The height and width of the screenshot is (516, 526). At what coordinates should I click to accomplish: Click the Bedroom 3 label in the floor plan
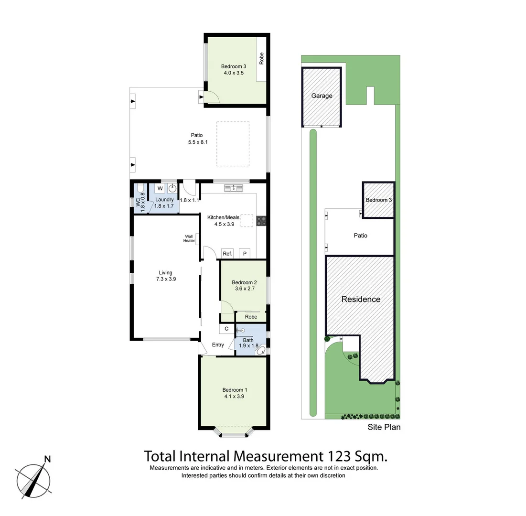(x=234, y=66)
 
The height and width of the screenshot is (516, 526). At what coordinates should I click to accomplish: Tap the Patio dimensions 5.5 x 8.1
(x=195, y=142)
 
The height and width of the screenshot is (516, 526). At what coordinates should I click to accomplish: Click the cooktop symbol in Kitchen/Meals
(x=261, y=221)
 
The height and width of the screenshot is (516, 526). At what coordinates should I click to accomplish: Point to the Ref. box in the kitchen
(x=227, y=254)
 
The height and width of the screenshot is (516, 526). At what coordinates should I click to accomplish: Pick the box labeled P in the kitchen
(x=245, y=254)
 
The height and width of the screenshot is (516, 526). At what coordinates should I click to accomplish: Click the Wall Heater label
(x=189, y=238)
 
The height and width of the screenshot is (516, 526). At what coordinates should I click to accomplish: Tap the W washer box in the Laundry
(x=160, y=188)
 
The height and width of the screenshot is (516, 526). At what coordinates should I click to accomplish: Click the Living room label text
(x=166, y=273)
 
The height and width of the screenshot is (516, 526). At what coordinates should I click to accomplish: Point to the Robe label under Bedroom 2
(x=251, y=317)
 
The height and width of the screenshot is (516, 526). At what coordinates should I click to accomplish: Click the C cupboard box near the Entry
(x=226, y=329)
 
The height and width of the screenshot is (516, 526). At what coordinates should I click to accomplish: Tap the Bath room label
(x=248, y=340)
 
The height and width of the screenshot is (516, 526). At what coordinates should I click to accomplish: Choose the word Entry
(x=218, y=345)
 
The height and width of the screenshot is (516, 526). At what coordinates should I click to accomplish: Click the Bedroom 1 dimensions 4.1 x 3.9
(x=234, y=396)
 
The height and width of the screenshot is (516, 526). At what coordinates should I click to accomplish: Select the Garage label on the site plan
(x=322, y=96)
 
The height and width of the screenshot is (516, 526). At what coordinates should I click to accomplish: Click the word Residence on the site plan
(x=361, y=300)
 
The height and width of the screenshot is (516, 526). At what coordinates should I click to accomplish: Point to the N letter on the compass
(x=47, y=459)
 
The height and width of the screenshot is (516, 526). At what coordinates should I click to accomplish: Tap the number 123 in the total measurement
(x=339, y=456)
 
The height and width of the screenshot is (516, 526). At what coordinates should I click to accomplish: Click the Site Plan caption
(x=384, y=427)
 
